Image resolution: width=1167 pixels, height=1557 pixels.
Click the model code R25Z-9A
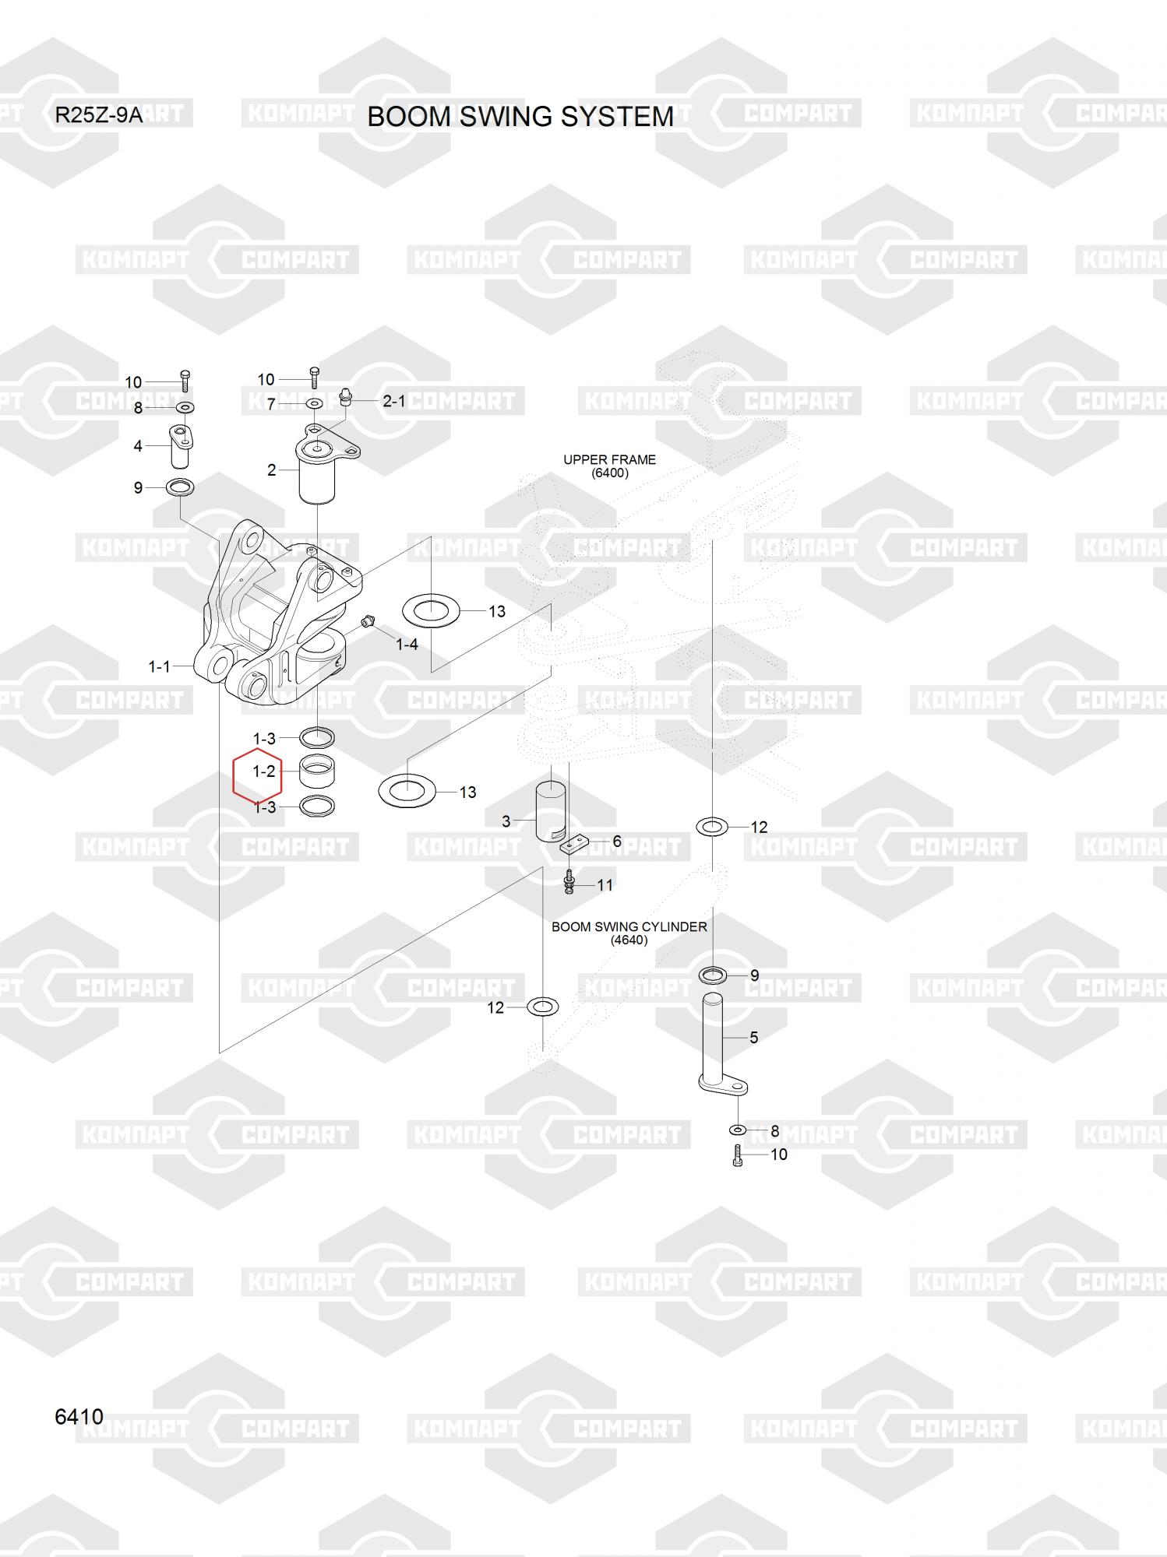[98, 116]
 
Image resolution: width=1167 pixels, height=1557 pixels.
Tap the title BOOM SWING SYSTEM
[520, 117]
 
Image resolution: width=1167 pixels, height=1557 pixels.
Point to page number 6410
[79, 1416]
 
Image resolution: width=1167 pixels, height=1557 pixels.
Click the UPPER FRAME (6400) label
[609, 466]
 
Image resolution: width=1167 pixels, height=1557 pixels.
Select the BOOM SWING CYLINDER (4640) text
[629, 933]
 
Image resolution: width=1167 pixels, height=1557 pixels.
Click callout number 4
[138, 446]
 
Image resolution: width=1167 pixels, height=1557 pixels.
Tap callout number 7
[271, 405]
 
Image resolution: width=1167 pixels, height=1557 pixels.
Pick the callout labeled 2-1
[393, 401]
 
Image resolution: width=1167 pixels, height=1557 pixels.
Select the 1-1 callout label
[159, 666]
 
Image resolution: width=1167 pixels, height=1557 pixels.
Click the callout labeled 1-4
[407, 644]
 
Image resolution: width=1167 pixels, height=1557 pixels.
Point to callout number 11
[605, 884]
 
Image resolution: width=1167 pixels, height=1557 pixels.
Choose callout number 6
[617, 841]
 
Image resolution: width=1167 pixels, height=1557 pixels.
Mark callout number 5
[753, 1037]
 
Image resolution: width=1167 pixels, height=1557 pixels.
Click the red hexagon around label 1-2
[258, 775]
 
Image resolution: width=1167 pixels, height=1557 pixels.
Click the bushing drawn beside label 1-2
[317, 771]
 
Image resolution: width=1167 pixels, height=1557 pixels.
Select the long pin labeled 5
[712, 1039]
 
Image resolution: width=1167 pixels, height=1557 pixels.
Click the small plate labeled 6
[575, 844]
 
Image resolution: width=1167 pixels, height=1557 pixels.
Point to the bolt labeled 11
[569, 882]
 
